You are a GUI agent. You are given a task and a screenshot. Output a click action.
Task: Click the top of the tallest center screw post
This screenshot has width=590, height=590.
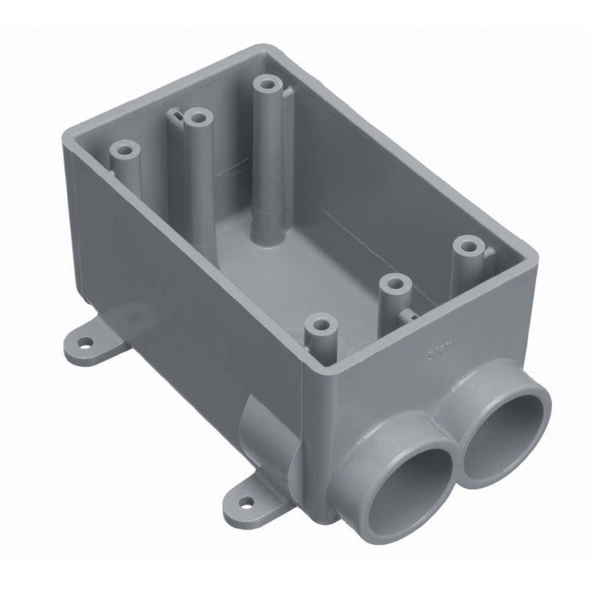(x=267, y=83)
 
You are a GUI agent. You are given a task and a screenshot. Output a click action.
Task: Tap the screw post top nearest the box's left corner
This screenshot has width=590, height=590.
(x=121, y=149)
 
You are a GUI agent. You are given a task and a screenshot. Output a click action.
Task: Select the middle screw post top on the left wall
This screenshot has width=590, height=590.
(x=198, y=118)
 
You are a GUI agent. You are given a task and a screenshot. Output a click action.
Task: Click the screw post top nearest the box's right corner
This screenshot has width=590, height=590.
(x=466, y=244)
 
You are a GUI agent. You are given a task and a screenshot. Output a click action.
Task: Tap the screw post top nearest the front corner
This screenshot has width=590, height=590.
(x=321, y=324)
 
